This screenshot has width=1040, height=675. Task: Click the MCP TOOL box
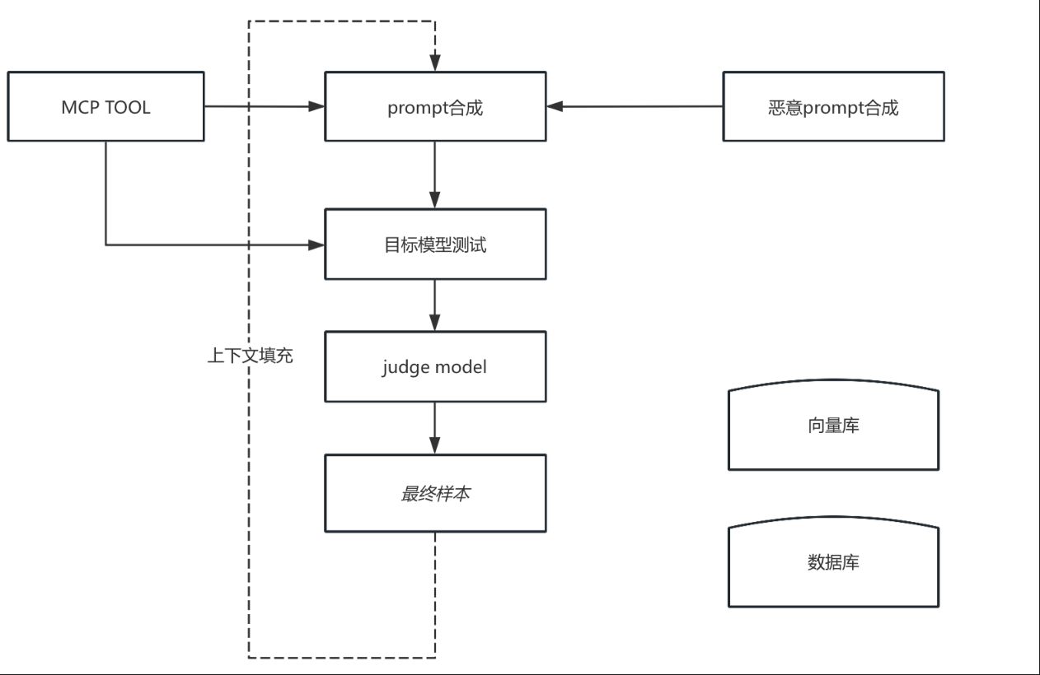click(105, 106)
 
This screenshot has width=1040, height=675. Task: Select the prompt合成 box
click(435, 106)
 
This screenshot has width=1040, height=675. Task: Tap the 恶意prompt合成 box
click(833, 106)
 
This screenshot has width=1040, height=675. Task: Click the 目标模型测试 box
click(435, 244)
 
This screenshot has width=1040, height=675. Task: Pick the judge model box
click(435, 366)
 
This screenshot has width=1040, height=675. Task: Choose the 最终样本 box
click(435, 493)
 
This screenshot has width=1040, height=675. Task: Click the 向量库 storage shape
click(833, 426)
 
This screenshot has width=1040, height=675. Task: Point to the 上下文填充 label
click(250, 356)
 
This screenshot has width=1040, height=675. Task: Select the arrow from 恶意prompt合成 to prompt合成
click(635, 106)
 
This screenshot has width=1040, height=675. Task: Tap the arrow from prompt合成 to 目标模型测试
click(435, 175)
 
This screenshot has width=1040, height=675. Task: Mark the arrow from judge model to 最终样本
click(435, 428)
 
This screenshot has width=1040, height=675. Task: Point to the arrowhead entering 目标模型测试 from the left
click(316, 244)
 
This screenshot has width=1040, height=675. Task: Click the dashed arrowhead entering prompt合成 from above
click(435, 63)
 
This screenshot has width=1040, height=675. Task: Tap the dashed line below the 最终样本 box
click(435, 593)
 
